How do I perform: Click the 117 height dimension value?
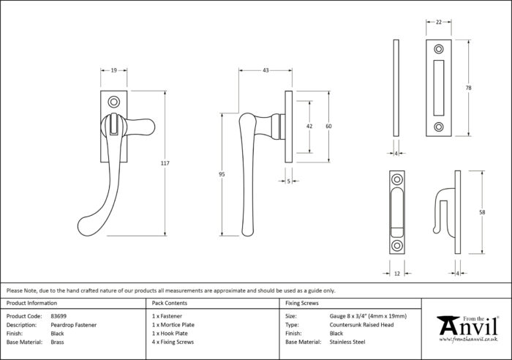click(x=165, y=163)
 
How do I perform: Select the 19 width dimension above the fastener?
click(x=113, y=70)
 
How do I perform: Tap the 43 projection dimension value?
click(x=266, y=70)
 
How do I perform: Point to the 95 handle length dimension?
click(x=222, y=174)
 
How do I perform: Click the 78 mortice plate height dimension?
click(x=468, y=88)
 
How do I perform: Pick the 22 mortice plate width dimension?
click(x=439, y=22)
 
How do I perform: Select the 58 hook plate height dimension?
click(x=482, y=212)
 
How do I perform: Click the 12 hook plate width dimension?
click(x=397, y=274)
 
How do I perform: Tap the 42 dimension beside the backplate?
click(x=309, y=127)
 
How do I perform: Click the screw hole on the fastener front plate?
click(x=113, y=102)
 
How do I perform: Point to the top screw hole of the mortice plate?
click(x=439, y=49)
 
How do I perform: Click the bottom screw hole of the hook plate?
click(x=397, y=245)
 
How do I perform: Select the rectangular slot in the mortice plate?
click(x=439, y=88)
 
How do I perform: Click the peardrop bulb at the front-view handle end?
click(x=88, y=226)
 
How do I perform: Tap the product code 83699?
click(x=59, y=316)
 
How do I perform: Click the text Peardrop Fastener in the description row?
click(x=73, y=325)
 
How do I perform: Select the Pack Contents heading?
click(x=170, y=303)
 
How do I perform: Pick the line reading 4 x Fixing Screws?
click(x=173, y=342)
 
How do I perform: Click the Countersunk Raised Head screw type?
click(x=361, y=325)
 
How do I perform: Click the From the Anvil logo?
click(x=468, y=329)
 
